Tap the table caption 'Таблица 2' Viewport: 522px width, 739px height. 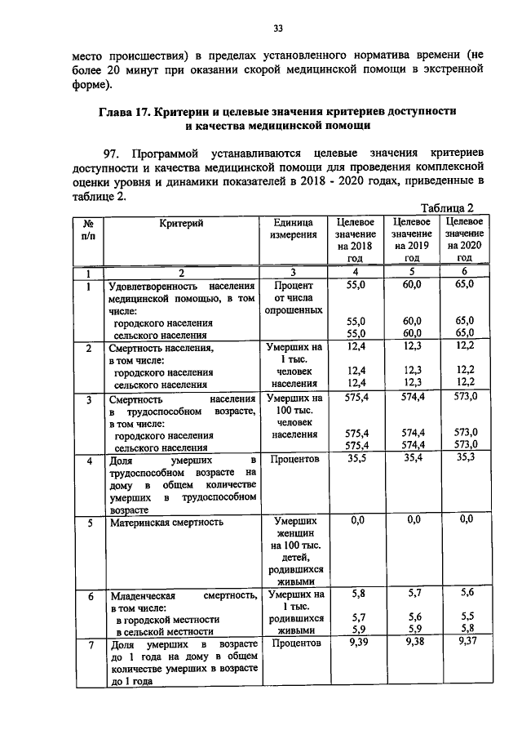click(446, 208)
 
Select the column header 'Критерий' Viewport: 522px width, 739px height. click(181, 222)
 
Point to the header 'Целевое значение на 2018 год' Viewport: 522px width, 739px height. click(354, 239)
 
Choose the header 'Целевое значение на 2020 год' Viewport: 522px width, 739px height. click(465, 239)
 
